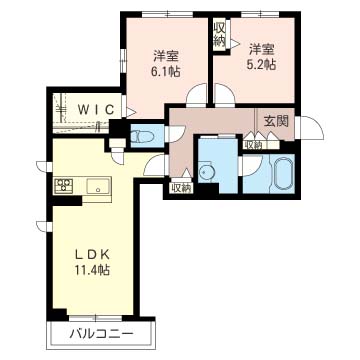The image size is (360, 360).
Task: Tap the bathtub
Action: (283, 173)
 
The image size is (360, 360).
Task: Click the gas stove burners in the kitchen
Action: (64, 185)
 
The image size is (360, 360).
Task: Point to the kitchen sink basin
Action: (98, 186)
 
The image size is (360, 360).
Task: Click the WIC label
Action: (96, 109)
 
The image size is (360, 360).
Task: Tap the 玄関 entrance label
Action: (276, 122)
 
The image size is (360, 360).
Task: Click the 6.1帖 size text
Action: (167, 71)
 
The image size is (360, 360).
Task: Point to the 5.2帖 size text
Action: (263, 64)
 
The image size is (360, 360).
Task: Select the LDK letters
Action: (92, 255)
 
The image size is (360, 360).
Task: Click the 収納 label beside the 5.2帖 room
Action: (220, 35)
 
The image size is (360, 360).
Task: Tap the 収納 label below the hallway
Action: (182, 188)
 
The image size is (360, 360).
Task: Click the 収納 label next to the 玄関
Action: (254, 145)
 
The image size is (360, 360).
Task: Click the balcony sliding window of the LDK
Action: (95, 318)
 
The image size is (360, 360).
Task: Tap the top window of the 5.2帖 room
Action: (260, 14)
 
